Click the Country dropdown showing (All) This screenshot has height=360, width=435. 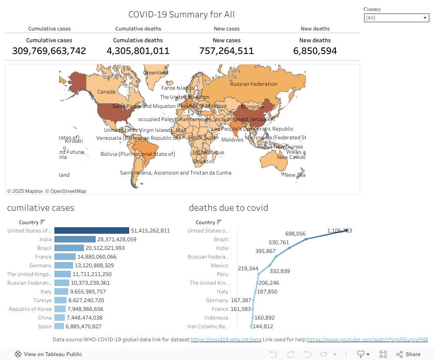pos(396,18)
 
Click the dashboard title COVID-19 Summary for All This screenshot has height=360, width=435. pos(181,14)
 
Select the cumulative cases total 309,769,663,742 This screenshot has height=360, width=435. pos(49,51)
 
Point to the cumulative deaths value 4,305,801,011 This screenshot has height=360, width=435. pos(138,51)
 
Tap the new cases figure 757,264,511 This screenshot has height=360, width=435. pos(226,51)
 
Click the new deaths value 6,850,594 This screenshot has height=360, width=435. pos(315,51)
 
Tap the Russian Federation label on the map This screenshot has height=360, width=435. pos(254,84)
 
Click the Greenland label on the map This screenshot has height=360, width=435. pos(156,73)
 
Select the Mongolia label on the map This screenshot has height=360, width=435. pos(252,107)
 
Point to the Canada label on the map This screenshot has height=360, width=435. pos(106,92)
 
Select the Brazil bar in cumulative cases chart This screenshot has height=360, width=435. pos(69,248)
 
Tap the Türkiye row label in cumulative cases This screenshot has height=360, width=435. pos(42,300)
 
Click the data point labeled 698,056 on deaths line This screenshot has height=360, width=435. pos(306,239)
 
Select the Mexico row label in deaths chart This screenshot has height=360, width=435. pos(220,266)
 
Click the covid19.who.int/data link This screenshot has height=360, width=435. pos(226,340)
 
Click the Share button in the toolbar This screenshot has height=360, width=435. pos(408,354)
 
